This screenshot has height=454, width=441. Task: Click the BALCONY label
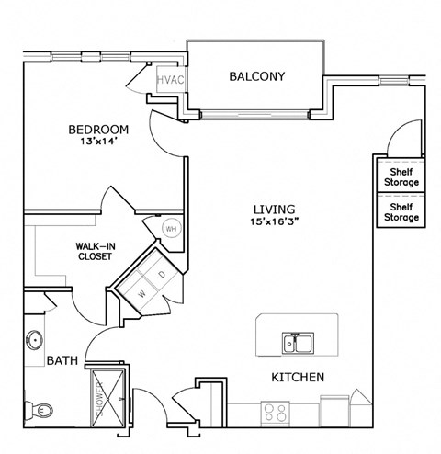tap(257, 77)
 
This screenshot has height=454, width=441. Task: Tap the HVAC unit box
tap(172, 80)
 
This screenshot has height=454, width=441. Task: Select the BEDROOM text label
tap(98, 129)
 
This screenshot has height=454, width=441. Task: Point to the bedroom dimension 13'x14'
tap(98, 143)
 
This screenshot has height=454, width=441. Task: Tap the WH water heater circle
tap(170, 229)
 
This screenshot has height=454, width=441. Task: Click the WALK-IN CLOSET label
tap(94, 252)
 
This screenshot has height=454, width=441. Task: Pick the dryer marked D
tap(162, 275)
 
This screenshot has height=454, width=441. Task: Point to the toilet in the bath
tap(33, 405)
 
